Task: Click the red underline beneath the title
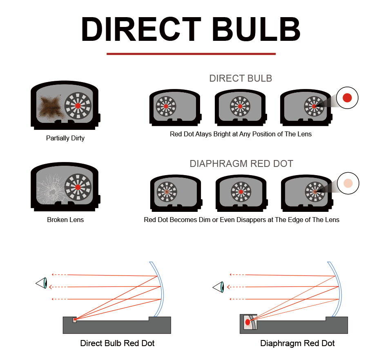point(191,53)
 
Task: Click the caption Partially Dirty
point(65,138)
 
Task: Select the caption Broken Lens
point(65,220)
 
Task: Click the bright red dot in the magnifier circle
point(347,98)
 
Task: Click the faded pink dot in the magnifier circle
point(348,183)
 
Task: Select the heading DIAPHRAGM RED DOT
point(241,164)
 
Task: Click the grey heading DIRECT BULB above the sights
point(241,78)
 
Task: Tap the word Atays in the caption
point(202,134)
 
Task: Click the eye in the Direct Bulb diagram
point(42,283)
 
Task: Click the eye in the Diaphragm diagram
point(219,287)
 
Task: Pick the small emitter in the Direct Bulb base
point(75,320)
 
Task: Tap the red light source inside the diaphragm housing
point(247,322)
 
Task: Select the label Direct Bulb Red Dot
point(117,343)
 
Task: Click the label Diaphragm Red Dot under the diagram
point(297,343)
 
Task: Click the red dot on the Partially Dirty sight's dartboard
point(78,106)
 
